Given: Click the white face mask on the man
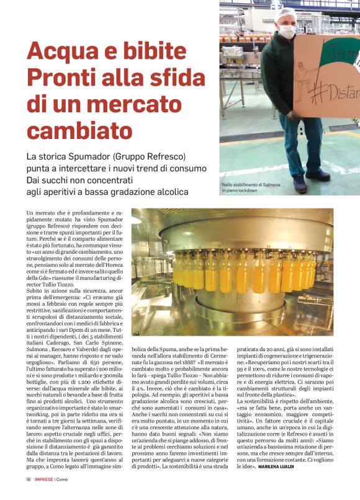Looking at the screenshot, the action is point(287,31).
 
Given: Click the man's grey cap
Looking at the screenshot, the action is point(287,14).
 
